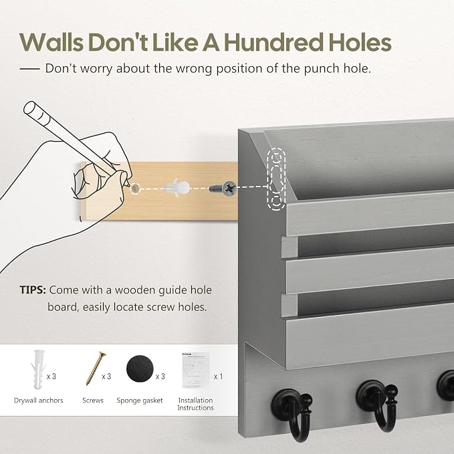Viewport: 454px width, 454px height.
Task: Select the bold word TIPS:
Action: point(33,290)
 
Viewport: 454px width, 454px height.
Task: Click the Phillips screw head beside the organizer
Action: point(229,188)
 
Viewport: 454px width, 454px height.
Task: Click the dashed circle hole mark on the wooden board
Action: point(134,189)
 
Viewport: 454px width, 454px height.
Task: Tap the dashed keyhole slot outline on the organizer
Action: point(276,179)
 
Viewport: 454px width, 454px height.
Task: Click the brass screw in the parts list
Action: point(96,368)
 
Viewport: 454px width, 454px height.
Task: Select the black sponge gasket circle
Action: point(140,368)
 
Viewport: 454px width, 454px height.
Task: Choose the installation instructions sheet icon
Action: point(196,370)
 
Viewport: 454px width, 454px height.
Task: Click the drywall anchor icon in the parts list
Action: point(37,369)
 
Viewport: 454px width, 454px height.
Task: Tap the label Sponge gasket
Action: point(140,401)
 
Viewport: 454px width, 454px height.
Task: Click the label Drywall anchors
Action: point(39,401)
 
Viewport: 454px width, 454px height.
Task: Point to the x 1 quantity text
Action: point(219,376)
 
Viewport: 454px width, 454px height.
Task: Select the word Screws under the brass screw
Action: point(93,401)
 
